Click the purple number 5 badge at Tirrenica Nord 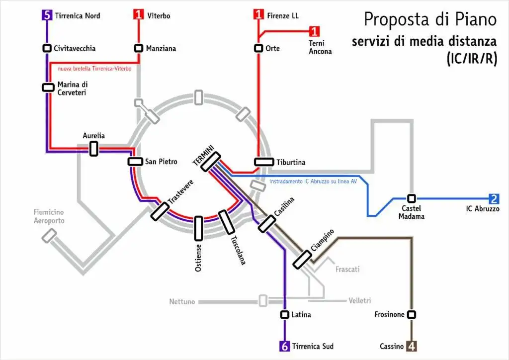click(x=47, y=15)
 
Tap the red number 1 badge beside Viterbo click(x=139, y=15)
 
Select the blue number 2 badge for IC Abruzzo click(x=494, y=199)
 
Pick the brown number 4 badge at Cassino click(x=412, y=346)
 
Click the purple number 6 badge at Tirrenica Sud click(x=284, y=346)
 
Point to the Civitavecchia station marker click(x=47, y=48)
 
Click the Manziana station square click(x=139, y=48)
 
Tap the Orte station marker click(x=258, y=48)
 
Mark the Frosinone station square click(x=412, y=314)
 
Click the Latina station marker click(x=284, y=314)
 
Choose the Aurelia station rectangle click(x=93, y=148)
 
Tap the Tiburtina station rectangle click(x=264, y=162)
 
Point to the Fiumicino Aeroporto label click(x=49, y=216)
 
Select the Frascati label click(x=347, y=270)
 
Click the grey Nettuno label click(x=182, y=301)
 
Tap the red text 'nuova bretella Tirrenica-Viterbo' click(x=94, y=69)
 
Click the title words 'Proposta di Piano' click(x=430, y=19)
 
